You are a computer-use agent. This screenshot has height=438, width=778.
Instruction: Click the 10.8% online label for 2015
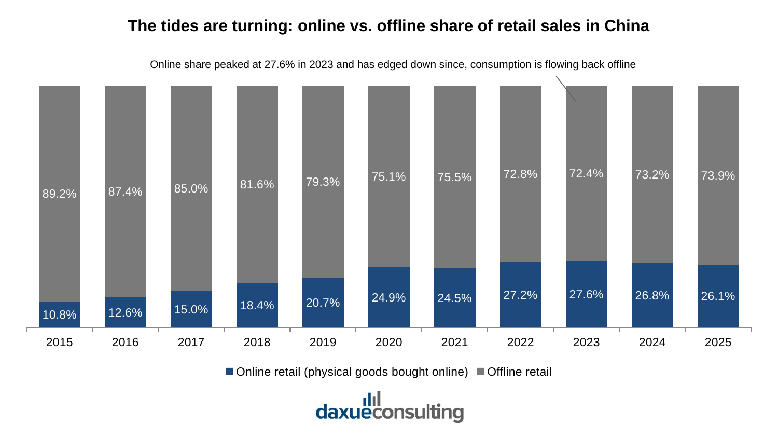[x=60, y=314]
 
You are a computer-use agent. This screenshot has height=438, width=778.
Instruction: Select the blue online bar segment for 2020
[x=388, y=297]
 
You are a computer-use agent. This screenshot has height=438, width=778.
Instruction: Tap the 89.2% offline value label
[x=60, y=194]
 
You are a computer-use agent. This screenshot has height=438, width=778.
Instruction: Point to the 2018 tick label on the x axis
[x=257, y=342]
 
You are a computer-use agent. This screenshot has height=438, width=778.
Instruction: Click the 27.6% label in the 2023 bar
[x=586, y=294]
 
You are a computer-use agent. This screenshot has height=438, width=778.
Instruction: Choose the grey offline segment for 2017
[x=191, y=188]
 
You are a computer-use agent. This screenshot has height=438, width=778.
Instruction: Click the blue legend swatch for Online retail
[x=229, y=371]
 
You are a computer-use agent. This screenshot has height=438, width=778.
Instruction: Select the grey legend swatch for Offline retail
[x=480, y=371]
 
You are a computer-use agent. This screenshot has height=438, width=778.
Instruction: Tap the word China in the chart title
[x=627, y=26]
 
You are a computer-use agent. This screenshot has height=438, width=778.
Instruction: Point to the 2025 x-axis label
[x=718, y=342]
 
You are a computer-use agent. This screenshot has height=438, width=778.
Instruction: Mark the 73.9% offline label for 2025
[x=718, y=175]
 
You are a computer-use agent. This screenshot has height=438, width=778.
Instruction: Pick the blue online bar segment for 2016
[x=126, y=312]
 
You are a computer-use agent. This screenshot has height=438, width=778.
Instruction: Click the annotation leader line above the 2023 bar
[x=566, y=89]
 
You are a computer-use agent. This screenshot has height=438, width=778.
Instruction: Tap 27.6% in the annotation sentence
[x=279, y=65]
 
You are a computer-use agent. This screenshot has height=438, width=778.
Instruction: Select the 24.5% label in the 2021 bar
[x=454, y=298]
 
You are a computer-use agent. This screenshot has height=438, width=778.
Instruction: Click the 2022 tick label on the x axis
[x=520, y=342]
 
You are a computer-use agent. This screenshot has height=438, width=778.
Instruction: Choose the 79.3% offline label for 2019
[x=323, y=182]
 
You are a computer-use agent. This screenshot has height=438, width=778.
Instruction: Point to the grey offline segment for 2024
[x=652, y=174]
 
